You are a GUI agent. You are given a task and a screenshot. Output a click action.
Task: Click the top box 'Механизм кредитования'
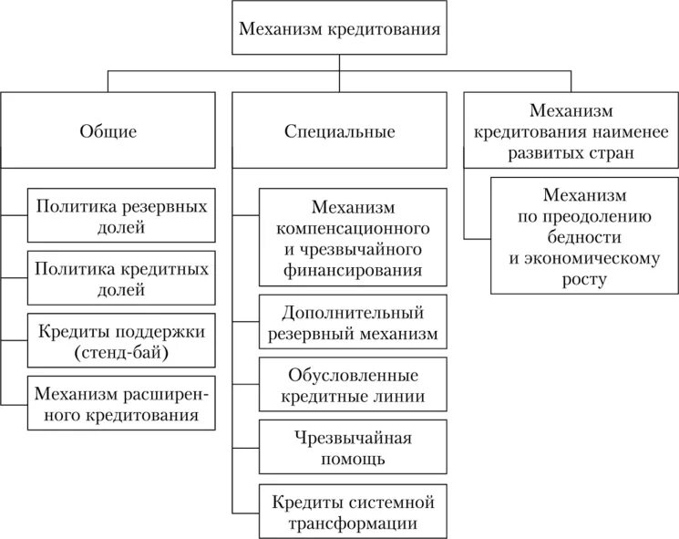click(x=339, y=28)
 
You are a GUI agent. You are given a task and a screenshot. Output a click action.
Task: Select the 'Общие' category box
click(x=108, y=131)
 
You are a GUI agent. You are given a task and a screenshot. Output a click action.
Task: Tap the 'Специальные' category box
click(x=339, y=131)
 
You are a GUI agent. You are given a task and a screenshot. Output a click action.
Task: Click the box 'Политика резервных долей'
click(x=121, y=216)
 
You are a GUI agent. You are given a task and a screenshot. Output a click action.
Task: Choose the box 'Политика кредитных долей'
click(x=121, y=278)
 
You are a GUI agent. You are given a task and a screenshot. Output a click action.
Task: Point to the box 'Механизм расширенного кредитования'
click(x=121, y=402)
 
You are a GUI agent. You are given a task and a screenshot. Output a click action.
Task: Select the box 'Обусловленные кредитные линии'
click(x=353, y=386)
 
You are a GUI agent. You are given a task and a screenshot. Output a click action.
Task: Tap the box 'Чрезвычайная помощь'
click(x=353, y=448)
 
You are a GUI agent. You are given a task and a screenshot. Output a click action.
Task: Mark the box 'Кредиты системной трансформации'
click(x=353, y=512)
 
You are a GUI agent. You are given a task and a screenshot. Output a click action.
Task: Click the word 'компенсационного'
click(x=353, y=227)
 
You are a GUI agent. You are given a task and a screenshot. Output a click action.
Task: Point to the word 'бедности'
click(x=584, y=237)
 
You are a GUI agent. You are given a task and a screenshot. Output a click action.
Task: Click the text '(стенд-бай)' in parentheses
click(x=121, y=351)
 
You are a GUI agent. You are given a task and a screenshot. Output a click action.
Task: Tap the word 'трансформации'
click(x=353, y=523)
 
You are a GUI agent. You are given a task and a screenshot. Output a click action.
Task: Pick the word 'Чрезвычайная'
click(x=353, y=437)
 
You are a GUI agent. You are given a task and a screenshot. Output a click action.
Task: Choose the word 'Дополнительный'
click(x=353, y=312)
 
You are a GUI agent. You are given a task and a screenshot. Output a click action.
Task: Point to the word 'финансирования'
click(x=353, y=269)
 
